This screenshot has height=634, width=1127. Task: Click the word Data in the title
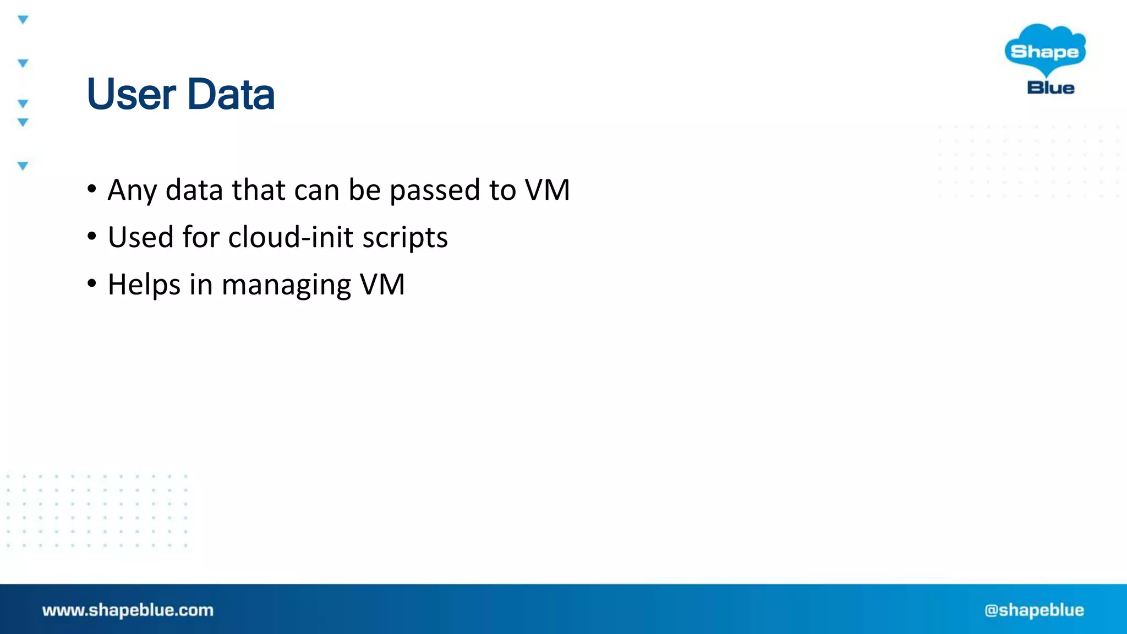click(231, 95)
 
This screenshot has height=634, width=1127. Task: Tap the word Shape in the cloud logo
click(1044, 52)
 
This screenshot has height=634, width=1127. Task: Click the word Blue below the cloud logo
click(1051, 88)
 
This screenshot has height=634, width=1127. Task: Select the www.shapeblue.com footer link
click(128, 610)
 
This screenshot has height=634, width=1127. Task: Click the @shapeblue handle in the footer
click(1034, 610)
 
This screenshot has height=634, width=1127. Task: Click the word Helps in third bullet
click(144, 285)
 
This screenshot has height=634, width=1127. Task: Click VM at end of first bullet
click(547, 190)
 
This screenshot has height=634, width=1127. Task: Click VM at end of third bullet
click(382, 285)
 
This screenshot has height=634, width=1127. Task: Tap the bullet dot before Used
click(92, 237)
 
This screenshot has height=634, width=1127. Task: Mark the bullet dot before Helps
click(92, 284)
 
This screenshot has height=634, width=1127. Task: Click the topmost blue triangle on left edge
click(23, 20)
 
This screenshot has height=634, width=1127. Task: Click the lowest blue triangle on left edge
click(23, 166)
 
